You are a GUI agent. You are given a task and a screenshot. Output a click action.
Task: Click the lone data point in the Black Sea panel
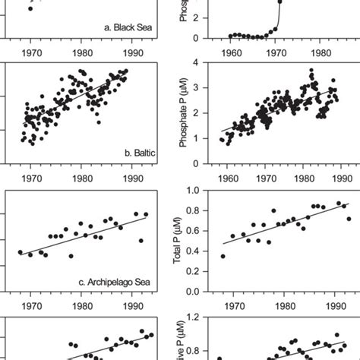pyautogui.click(x=30, y=8)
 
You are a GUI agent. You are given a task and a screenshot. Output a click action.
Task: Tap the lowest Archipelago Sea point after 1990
pyautogui.click(x=141, y=241)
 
